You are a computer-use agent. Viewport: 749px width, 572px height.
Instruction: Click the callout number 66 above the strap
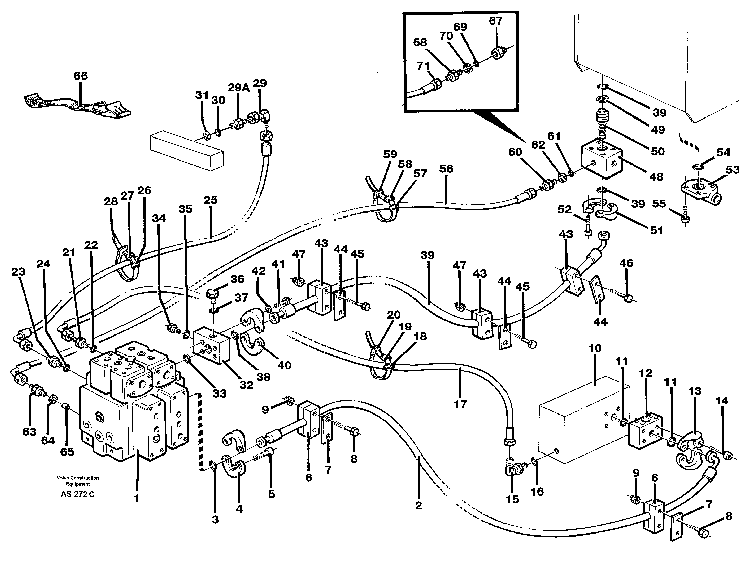81,76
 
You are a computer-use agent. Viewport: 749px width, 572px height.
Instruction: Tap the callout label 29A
238,88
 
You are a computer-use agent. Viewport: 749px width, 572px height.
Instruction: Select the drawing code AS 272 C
78,494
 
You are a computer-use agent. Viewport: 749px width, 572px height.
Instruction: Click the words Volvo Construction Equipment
78,481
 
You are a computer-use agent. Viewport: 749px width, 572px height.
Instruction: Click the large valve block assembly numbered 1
133,405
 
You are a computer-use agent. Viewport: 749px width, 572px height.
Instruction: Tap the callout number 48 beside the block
656,177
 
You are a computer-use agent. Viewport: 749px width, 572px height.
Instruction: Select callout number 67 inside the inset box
495,21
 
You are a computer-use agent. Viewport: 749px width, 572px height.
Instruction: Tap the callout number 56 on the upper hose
446,169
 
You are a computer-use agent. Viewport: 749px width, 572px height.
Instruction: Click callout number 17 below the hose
460,404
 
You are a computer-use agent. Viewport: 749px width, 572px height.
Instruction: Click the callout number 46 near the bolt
626,263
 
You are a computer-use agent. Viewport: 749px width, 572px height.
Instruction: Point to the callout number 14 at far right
722,401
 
